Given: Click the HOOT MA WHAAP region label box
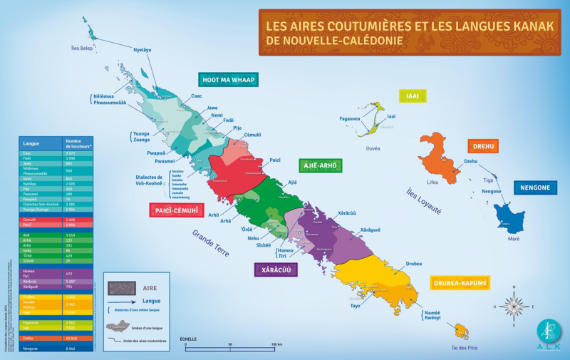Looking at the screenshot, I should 228,79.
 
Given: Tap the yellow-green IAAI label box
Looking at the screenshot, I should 413,96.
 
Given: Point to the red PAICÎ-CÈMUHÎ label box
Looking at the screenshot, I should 176,210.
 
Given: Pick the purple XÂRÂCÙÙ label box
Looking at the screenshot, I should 276,269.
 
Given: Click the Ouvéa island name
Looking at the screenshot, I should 373,148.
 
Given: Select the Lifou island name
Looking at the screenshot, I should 432,182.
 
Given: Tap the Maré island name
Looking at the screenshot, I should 513,238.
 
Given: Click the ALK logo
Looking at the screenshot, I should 549,332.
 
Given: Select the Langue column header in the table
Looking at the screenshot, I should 31,143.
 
